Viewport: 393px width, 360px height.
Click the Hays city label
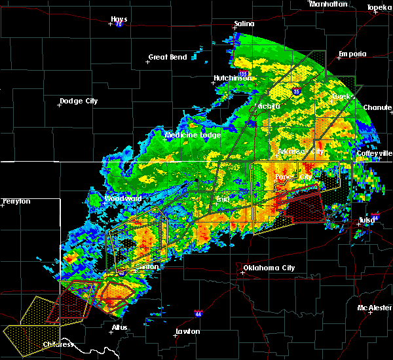119,19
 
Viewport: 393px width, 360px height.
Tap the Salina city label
244,24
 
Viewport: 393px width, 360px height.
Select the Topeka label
379,8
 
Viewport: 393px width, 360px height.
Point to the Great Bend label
168,57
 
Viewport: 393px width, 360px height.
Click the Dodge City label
79,101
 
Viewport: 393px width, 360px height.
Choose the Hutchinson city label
233,78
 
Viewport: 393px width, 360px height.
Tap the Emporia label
352,54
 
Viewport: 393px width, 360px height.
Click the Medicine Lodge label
193,135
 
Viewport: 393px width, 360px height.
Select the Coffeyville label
374,153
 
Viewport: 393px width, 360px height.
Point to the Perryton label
16,201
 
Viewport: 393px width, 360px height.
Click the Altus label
120,327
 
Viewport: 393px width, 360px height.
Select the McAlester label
374,308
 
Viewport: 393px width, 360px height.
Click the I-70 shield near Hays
119,25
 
